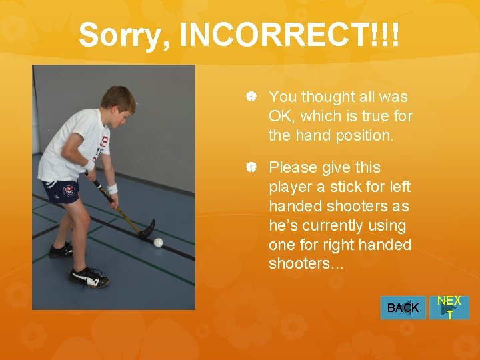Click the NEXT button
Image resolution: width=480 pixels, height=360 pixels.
coord(449,307)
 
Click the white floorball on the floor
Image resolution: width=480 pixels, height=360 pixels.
coord(158,242)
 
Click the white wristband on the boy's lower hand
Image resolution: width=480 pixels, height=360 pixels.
coord(112,189)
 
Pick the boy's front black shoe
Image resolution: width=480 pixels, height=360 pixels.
coord(88,276)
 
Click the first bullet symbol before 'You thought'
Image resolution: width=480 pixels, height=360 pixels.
coord(251,97)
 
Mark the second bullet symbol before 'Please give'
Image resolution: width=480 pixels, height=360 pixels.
coord(251,167)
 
